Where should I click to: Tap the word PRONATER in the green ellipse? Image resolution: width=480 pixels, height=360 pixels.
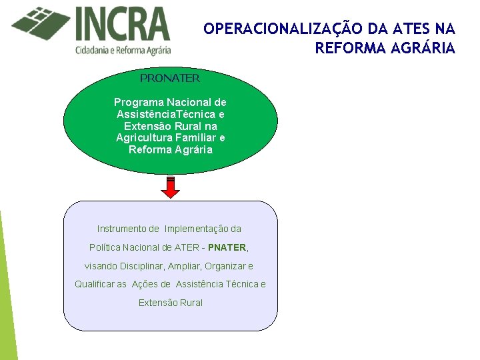(170, 78)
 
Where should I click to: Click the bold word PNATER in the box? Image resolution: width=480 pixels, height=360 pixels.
(227, 247)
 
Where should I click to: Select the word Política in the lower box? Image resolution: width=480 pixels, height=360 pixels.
(104, 247)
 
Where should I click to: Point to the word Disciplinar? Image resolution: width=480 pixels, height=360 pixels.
(139, 266)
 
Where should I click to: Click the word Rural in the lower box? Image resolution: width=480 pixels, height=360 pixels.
(190, 303)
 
